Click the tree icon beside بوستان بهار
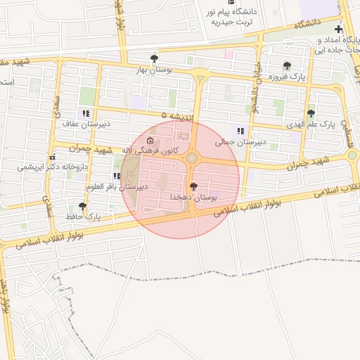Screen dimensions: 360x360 tap(154, 58)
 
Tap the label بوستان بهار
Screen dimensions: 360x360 tap(154, 70)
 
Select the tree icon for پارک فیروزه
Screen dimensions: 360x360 tap(286, 66)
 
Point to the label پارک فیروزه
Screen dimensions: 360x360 tap(286, 78)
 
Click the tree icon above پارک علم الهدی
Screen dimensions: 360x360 tap(311, 112)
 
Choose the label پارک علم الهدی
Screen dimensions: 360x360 tap(311, 124)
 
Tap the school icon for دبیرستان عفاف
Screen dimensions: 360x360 tap(86, 112)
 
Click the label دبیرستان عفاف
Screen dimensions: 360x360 tap(83, 124)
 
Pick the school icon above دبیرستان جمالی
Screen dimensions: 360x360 tap(241, 130)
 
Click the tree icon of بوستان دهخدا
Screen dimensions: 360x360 tap(194, 186)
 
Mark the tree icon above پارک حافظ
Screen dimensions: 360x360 tap(83, 206)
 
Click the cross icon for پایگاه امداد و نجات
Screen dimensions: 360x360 tap(339, 30)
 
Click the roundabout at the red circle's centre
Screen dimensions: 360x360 tap(191, 157)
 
